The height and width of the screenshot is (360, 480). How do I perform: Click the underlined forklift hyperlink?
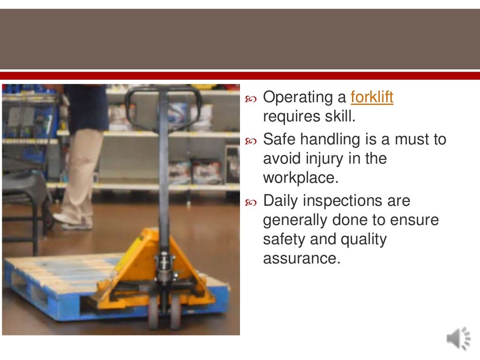click(x=372, y=97)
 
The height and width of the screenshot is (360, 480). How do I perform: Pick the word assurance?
click(x=301, y=258)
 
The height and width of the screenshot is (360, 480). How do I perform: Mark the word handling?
click(x=329, y=139)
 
